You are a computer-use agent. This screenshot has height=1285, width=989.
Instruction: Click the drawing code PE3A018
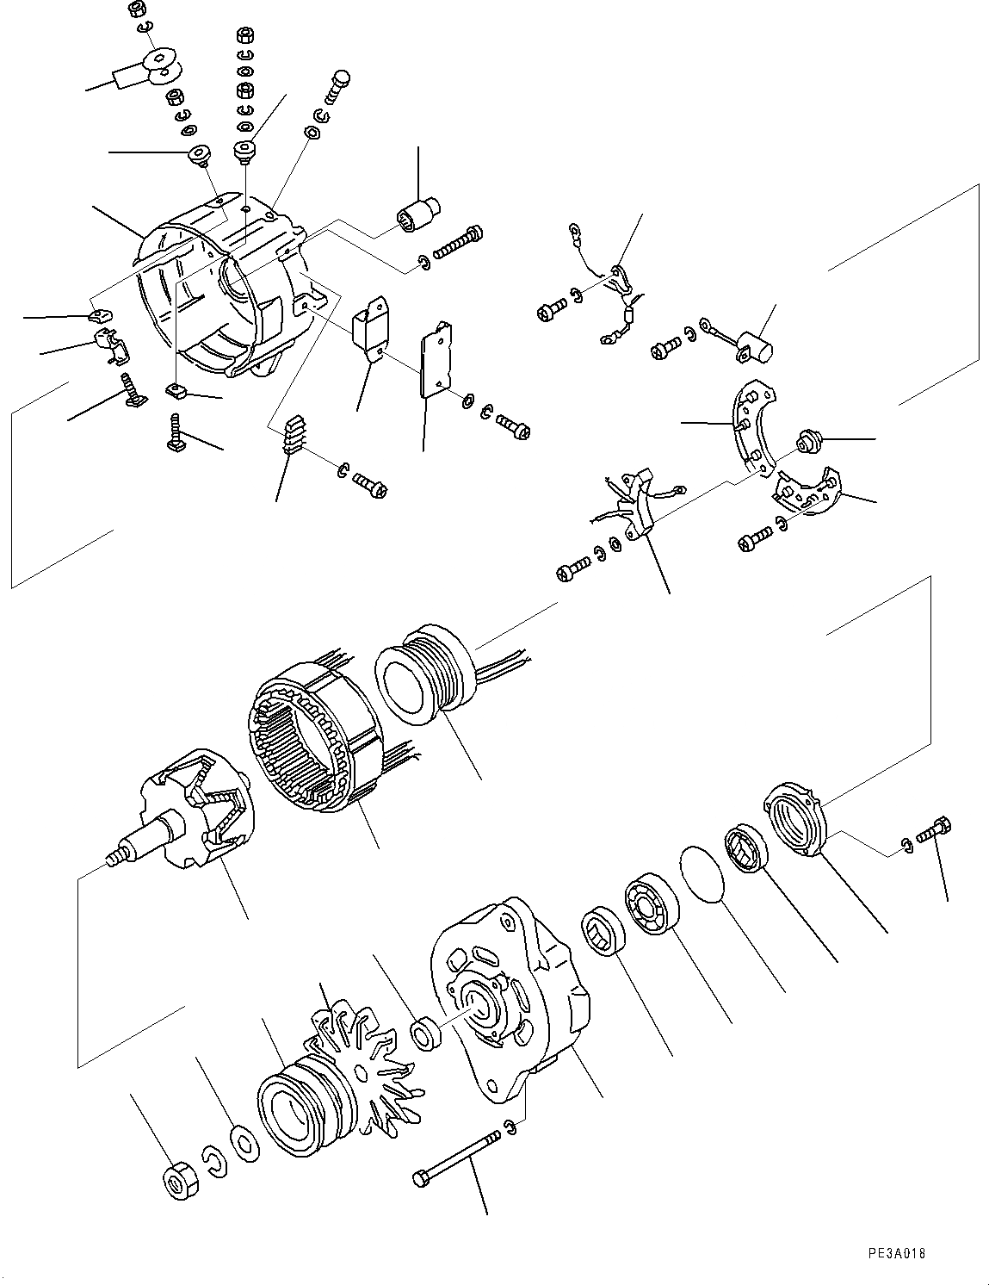coord(894,1255)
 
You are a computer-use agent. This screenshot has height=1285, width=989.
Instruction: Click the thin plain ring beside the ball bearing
coord(704,874)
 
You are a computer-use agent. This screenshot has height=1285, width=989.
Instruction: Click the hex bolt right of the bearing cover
coord(933,832)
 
